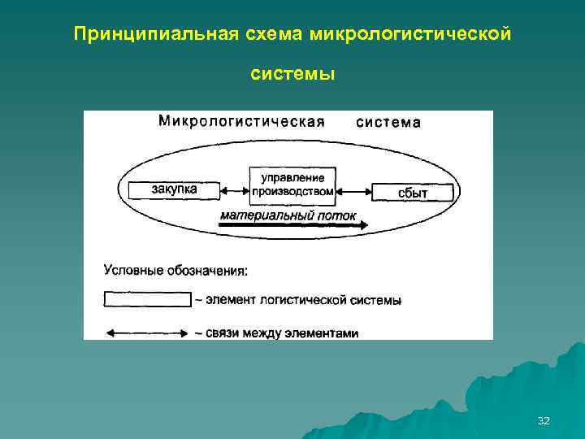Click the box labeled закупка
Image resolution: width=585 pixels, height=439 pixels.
point(174,190)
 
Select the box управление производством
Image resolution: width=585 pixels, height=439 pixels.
point(292,185)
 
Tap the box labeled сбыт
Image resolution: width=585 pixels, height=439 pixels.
point(412,192)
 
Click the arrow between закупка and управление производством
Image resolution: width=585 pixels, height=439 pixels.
point(234,191)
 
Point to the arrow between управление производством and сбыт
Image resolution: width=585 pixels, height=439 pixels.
point(354,192)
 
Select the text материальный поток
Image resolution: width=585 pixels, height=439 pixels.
point(288,215)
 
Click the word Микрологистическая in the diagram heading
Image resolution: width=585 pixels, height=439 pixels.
point(241,122)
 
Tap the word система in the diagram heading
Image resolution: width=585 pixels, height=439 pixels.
point(388,123)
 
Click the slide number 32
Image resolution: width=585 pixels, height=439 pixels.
point(544,420)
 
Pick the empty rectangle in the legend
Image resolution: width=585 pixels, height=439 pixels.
point(147,299)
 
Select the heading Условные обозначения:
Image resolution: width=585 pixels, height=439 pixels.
point(175,269)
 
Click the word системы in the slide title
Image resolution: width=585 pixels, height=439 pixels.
point(292,74)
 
